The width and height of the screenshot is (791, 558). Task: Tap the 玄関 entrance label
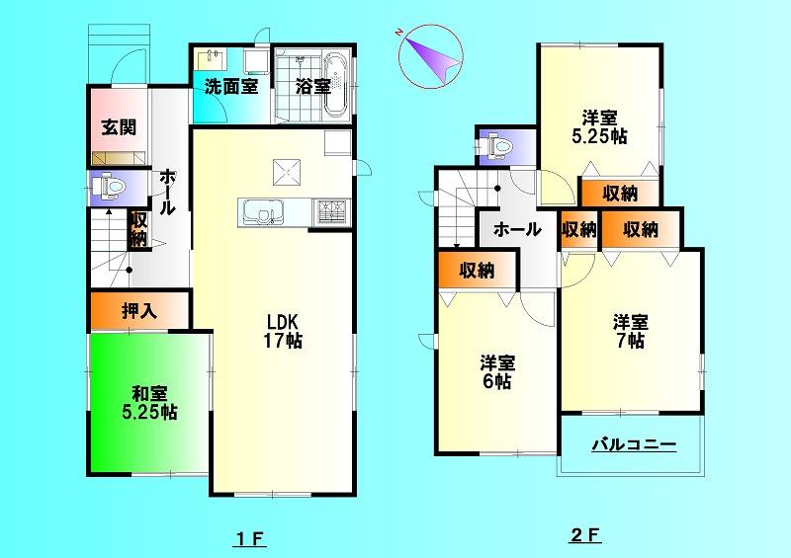pos(118,127)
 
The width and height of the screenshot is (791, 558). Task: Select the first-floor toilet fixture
pos(109,185)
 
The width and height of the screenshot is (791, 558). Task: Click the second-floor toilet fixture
pos(496,147)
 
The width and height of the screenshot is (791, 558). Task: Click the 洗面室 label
pos(231,86)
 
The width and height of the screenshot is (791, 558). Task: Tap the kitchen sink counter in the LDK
pos(263,212)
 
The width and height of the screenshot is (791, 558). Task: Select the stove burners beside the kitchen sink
pos(328,211)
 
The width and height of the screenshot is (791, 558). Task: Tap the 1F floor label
pos(251,539)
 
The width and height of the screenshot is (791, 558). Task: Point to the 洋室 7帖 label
pos(630,331)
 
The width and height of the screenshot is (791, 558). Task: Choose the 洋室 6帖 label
pos(496,371)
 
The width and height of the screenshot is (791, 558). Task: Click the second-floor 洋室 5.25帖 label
pos(599,126)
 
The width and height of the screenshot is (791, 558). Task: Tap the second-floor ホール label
pos(516,230)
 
